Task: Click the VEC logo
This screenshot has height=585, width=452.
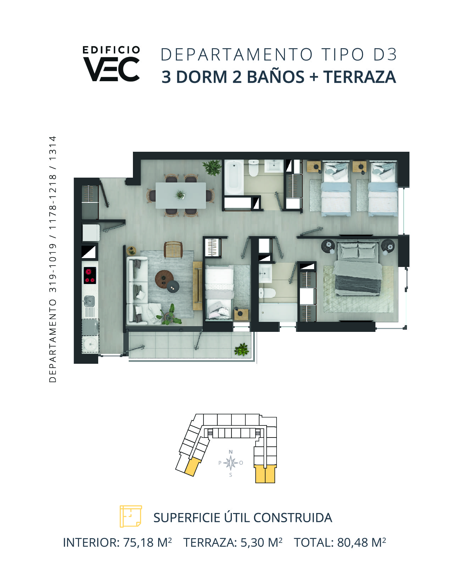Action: (x=111, y=64)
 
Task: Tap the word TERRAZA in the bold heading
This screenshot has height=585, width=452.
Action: (x=359, y=77)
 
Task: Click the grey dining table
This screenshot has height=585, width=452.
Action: (x=181, y=195)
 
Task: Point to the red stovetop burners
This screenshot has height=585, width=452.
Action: (x=90, y=275)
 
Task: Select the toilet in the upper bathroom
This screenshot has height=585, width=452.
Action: (x=253, y=168)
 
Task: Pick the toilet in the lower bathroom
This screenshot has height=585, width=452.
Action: (x=267, y=293)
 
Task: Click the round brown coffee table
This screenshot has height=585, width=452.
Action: (x=164, y=279)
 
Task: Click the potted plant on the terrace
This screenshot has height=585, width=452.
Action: (x=241, y=350)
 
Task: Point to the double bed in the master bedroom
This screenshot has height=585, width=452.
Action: (x=358, y=268)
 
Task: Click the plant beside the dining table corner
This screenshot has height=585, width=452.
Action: (x=212, y=167)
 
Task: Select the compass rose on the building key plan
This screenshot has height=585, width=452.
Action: (x=230, y=463)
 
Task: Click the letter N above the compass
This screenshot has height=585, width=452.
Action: (x=230, y=452)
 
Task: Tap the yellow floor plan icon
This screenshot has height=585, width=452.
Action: (x=130, y=516)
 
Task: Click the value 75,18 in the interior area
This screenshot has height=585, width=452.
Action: (x=139, y=543)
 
